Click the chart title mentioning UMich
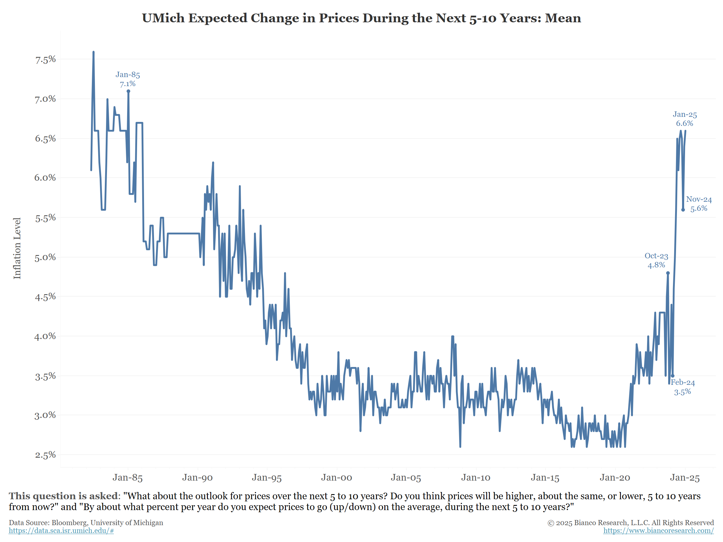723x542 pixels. point(361,18)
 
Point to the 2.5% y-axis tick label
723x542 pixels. point(45,455)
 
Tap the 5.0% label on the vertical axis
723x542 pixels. point(45,257)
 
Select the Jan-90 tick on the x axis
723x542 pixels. point(197,478)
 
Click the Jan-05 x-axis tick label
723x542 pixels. point(406,478)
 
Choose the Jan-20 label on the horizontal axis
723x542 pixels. point(615,478)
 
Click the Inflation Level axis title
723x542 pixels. point(17,248)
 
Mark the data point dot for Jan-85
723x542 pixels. point(128,92)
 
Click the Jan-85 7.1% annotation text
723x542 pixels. point(128,79)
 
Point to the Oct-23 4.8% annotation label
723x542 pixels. point(656,260)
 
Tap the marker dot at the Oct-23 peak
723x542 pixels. point(668,273)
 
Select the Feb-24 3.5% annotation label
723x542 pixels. point(683,387)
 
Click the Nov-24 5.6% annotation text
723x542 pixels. point(699,204)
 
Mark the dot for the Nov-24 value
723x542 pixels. point(683,210)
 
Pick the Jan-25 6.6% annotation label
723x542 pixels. point(685,119)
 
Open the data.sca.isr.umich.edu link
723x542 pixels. point(61,531)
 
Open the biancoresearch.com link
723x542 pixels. point(658,531)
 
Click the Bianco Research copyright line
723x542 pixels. point(631,523)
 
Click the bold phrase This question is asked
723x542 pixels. point(63,496)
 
